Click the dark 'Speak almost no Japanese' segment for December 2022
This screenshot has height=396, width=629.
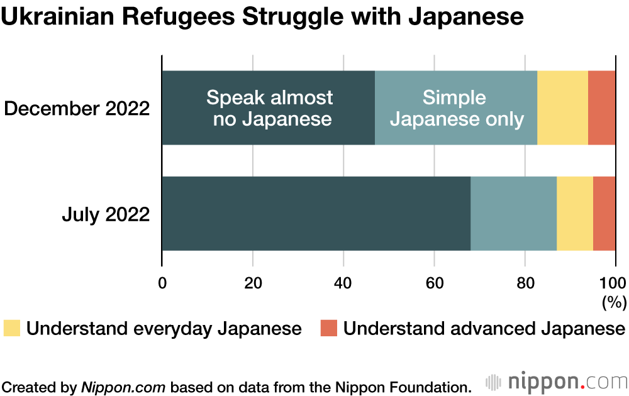[269, 107]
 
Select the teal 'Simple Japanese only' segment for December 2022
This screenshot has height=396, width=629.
[456, 107]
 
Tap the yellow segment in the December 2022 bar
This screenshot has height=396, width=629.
[562, 107]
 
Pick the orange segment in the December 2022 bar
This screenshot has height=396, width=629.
[601, 107]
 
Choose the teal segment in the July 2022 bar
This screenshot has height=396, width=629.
[513, 214]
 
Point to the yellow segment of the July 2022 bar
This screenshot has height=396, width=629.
[575, 214]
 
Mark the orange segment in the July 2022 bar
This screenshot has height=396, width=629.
[604, 214]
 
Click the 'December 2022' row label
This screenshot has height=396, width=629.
[77, 108]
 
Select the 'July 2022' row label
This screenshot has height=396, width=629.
[106, 214]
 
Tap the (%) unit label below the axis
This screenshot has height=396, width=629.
[614, 302]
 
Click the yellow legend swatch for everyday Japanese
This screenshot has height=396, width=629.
[12, 328]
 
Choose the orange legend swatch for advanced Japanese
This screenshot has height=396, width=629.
[329, 328]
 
